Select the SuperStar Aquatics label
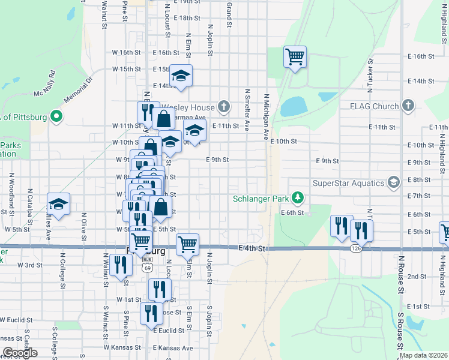[348, 183]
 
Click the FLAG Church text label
[375, 106]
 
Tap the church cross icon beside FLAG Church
[408, 106]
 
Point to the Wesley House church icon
[224, 107]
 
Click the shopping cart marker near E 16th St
[295, 57]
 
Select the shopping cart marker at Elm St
[187, 244]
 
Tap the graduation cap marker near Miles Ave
[58, 204]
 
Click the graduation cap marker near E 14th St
[181, 76]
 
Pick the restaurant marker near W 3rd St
[121, 265]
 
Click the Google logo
[20, 353]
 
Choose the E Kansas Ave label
[173, 348]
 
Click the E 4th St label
[252, 248]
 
